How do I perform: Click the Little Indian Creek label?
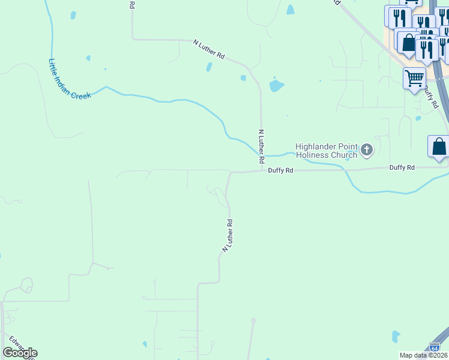pos(70,79)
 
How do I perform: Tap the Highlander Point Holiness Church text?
pos(327,151)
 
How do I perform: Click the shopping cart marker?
pos(414,78)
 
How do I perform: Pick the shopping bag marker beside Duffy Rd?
pos(439,146)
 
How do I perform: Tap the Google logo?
pos(20,353)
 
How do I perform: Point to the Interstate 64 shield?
pos(435,347)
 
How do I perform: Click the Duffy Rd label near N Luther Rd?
pos(280,170)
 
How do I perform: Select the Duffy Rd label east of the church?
pos(402,167)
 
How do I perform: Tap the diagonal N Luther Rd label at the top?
pos(209,49)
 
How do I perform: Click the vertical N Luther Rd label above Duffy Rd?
pos(261,146)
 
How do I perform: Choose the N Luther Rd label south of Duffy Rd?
pos(228,235)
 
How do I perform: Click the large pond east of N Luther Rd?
pos(276,85)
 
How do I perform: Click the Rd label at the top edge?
pos(132,4)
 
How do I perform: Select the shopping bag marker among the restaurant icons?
pos(408,43)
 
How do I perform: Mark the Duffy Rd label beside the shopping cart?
pos(431,96)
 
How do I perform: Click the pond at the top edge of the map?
pos(291,10)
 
